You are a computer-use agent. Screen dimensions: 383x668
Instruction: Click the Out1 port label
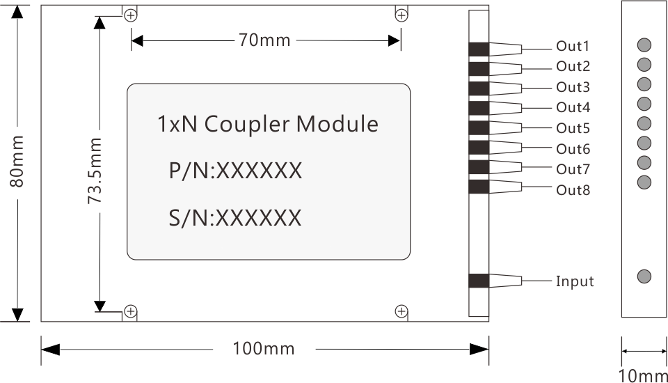(573, 47)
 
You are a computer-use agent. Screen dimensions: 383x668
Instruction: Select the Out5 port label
(573, 129)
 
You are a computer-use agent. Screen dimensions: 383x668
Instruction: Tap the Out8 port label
(573, 190)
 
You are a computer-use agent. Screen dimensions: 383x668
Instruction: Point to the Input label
(575, 281)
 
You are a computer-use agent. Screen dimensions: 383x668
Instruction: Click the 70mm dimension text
(264, 40)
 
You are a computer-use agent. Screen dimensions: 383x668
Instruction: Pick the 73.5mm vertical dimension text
(95, 170)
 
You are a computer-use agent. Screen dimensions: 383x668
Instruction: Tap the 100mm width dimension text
(264, 348)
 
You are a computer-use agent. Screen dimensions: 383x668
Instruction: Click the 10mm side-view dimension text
(643, 376)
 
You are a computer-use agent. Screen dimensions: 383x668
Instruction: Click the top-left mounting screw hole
(130, 16)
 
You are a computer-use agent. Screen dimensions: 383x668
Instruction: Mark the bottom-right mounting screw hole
(401, 311)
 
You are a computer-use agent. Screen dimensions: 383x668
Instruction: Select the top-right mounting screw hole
(401, 16)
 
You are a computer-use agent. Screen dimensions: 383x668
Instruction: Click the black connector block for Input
(479, 281)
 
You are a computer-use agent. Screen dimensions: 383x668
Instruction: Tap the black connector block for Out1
(479, 49)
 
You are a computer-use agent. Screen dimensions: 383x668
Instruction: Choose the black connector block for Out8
(479, 187)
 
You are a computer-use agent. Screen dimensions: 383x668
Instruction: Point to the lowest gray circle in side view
(644, 276)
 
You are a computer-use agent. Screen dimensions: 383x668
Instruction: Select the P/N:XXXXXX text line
(236, 171)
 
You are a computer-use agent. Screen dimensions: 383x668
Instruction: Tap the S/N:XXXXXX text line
(235, 218)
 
